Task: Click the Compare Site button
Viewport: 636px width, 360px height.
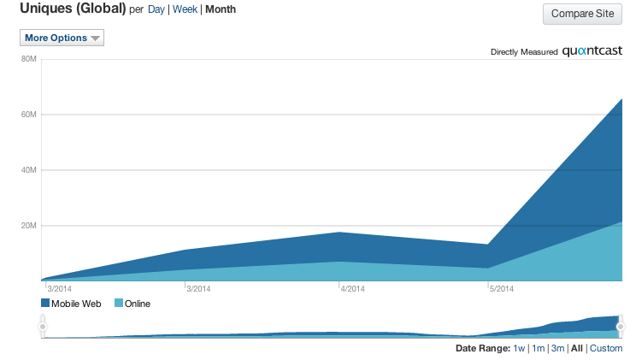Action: click(x=584, y=14)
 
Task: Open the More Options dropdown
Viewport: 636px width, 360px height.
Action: click(x=62, y=38)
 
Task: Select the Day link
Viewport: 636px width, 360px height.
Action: click(x=156, y=10)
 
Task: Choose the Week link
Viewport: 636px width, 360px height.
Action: click(x=185, y=10)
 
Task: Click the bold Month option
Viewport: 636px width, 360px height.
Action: click(x=221, y=10)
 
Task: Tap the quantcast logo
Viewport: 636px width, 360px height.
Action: click(x=598, y=51)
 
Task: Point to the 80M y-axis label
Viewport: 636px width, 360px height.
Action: click(x=28, y=59)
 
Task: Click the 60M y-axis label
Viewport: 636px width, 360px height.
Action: click(x=28, y=115)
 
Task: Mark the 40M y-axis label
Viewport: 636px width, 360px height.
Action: click(x=28, y=170)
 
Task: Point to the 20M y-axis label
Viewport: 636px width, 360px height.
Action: click(x=28, y=226)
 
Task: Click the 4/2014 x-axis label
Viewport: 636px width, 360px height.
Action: click(x=352, y=289)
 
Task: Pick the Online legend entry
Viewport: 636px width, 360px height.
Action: click(x=132, y=304)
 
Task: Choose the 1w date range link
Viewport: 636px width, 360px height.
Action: click(x=519, y=348)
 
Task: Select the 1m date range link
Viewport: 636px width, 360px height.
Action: click(x=538, y=348)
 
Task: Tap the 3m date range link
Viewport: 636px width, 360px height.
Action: click(x=557, y=348)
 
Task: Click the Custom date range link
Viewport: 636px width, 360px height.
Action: click(x=606, y=348)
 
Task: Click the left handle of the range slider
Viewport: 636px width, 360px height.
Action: click(x=43, y=326)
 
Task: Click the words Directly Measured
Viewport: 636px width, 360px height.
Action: click(x=524, y=52)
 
